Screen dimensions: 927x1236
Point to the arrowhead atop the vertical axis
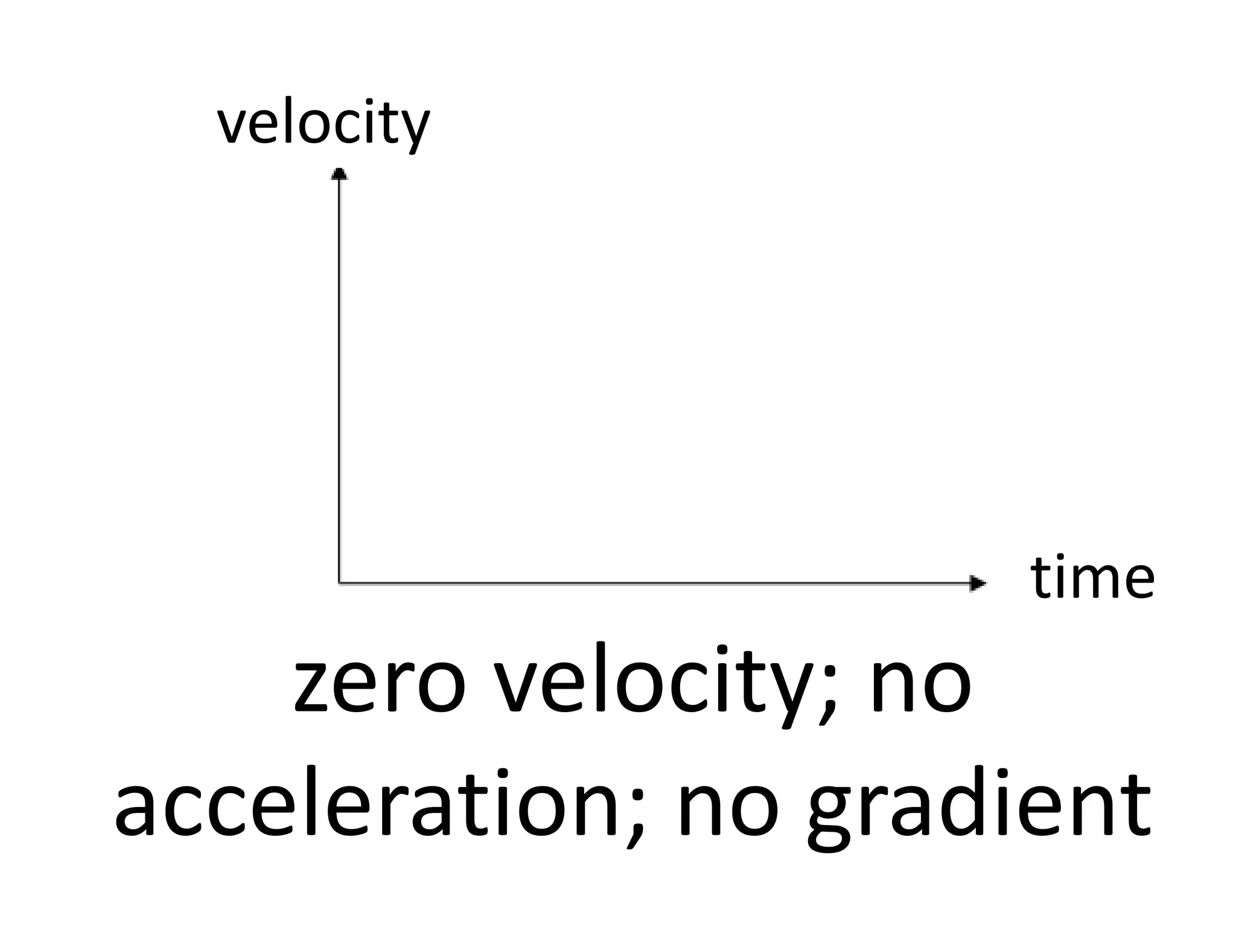pyautogui.click(x=339, y=174)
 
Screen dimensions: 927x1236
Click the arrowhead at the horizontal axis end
pyautogui.click(x=977, y=583)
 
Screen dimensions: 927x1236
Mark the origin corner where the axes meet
pyautogui.click(x=339, y=583)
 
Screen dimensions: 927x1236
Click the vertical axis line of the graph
pyautogui.click(x=339, y=374)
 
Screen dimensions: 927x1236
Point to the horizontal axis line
pyautogui.click(x=652, y=583)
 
